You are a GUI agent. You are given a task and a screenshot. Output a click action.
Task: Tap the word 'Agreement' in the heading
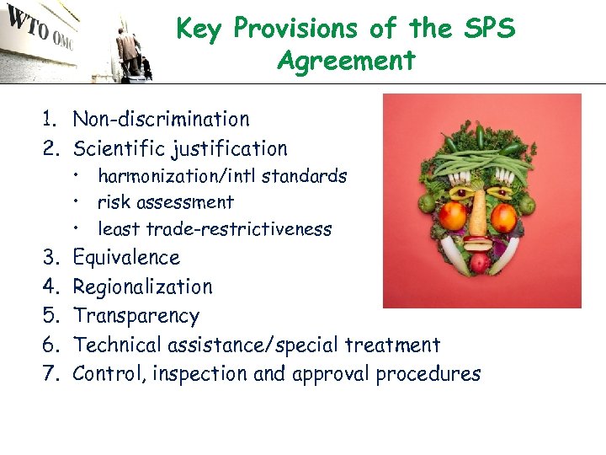346,61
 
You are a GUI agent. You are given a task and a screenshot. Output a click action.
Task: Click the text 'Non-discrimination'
162,120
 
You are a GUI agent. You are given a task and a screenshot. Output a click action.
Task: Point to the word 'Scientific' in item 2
118,149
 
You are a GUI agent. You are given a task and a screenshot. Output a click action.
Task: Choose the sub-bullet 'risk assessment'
166,202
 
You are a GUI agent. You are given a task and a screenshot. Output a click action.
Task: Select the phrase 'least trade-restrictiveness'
215,229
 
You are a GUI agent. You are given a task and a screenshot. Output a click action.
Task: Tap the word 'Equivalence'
126,258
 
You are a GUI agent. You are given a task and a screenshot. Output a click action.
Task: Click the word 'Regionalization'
143,287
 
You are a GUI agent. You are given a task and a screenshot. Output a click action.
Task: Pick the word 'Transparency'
136,316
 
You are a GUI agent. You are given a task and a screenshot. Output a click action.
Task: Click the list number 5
52,316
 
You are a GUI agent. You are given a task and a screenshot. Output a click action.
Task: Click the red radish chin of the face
479,263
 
